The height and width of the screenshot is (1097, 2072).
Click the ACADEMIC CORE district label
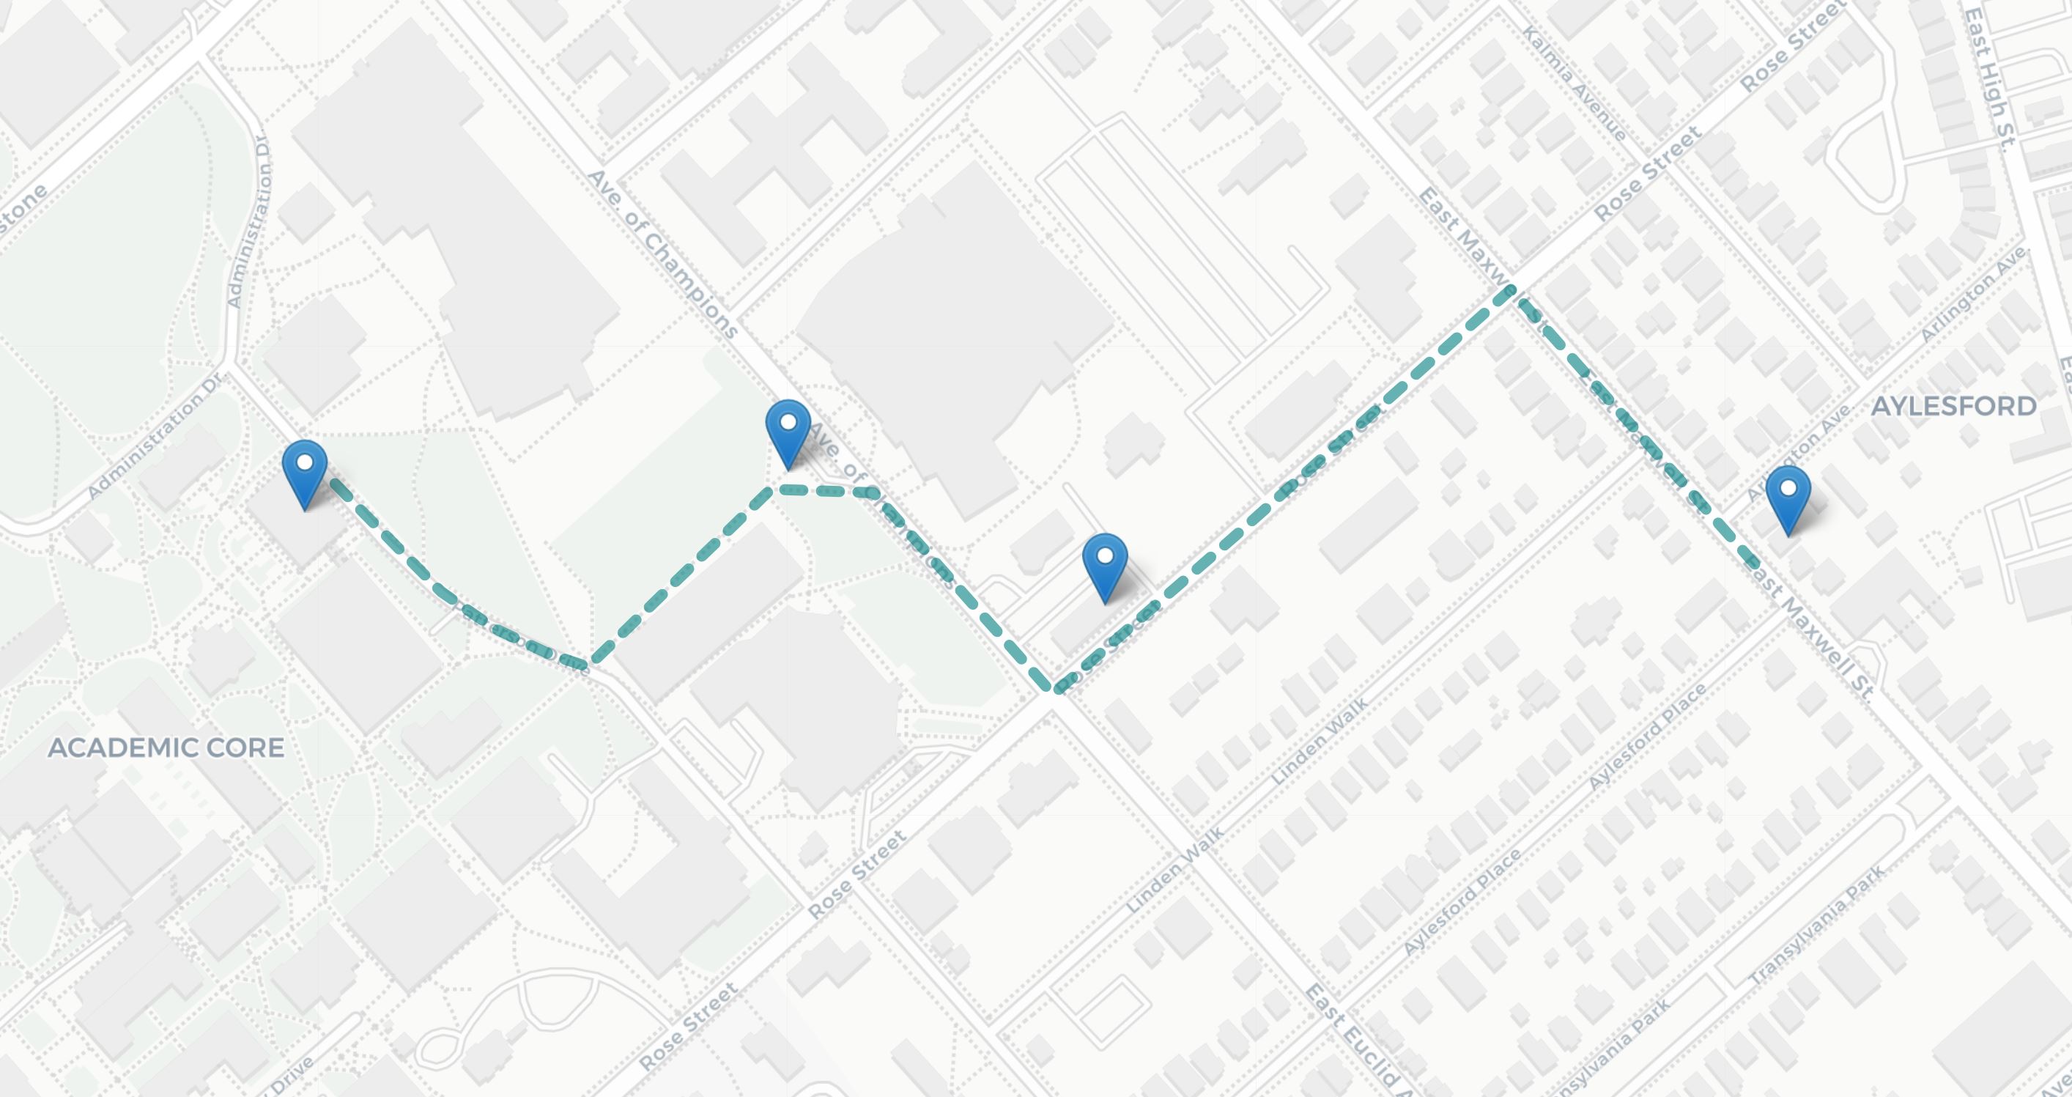tap(166, 747)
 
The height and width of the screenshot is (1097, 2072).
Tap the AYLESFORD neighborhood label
tap(1954, 406)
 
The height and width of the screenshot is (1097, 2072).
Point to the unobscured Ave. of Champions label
tap(662, 254)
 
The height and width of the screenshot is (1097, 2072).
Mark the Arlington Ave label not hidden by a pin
tap(1972, 296)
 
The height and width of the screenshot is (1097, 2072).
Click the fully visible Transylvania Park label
tap(1817, 926)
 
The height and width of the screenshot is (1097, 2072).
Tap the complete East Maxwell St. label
tap(1811, 629)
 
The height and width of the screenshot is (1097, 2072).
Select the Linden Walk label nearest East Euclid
tap(1174, 869)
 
